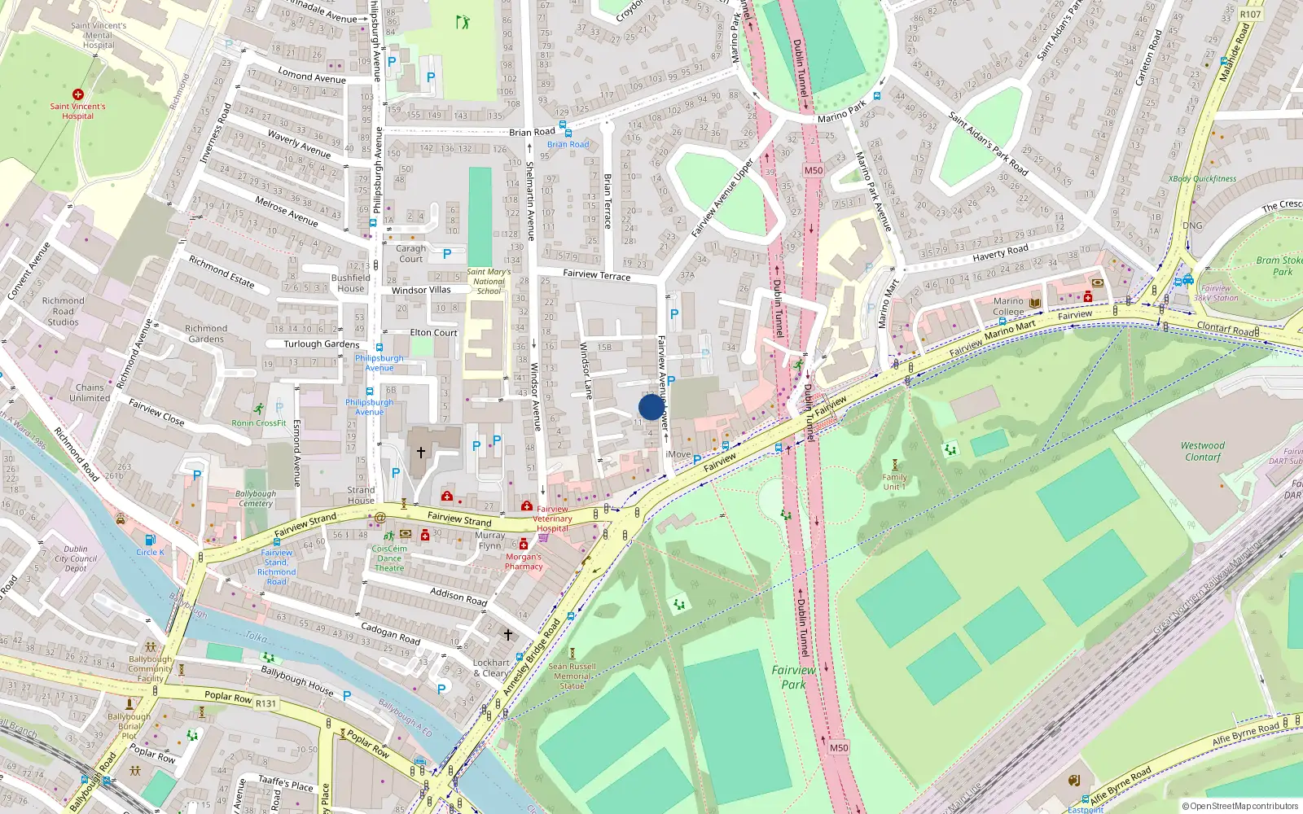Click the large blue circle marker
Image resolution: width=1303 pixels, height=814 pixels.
(651, 407)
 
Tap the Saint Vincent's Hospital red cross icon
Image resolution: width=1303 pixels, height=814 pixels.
(78, 94)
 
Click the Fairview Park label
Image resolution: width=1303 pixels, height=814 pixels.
(793, 677)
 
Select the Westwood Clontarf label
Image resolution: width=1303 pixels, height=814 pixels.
(1203, 451)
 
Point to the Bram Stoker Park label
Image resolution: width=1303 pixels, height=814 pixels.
(1279, 266)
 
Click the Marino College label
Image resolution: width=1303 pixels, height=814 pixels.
(1008, 306)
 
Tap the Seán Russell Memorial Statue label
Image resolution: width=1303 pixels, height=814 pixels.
(572, 676)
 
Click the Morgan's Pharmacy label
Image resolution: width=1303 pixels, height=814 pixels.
(524, 562)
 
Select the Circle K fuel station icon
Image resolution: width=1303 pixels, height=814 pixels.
(150, 540)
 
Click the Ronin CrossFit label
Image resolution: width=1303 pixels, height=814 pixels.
(259, 422)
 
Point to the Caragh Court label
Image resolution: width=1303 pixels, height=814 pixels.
(411, 253)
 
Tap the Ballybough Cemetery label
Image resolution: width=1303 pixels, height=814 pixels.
(256, 498)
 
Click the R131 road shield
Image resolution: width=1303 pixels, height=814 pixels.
(266, 703)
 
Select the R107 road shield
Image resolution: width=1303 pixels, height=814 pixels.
(1250, 14)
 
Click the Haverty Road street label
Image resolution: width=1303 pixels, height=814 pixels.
(1000, 253)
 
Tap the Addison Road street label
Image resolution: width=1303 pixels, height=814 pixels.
(458, 596)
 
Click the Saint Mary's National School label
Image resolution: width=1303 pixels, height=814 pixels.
(489, 281)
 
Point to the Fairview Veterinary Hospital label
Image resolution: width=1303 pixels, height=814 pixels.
(552, 519)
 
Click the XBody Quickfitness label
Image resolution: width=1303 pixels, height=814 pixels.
(1202, 178)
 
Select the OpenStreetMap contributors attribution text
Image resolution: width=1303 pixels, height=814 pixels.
(1240, 806)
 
